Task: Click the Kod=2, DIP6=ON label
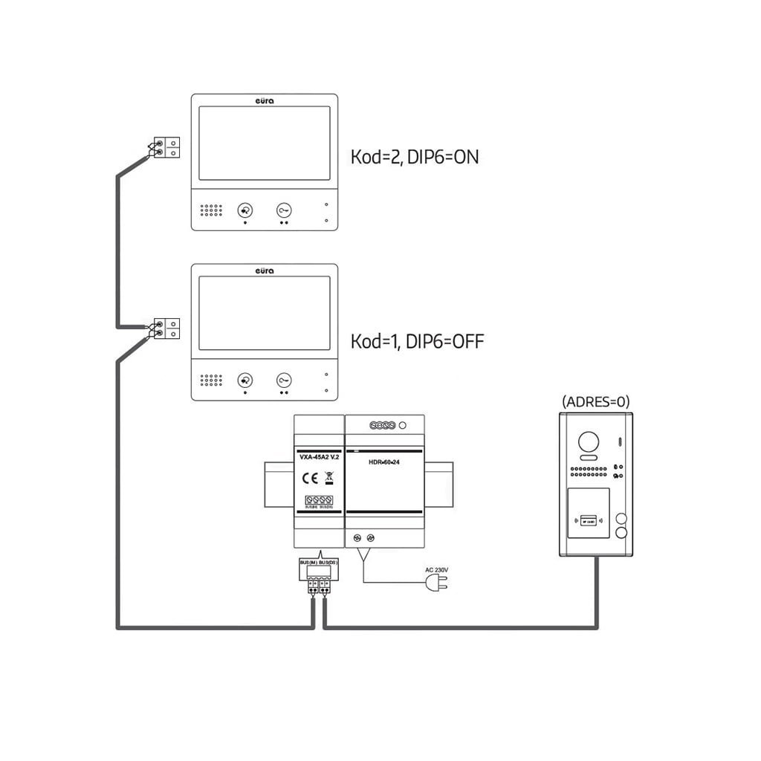point(414,158)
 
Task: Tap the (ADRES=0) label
point(596,402)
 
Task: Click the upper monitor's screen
point(265,143)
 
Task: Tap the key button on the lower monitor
point(285,380)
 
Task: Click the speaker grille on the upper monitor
point(211,210)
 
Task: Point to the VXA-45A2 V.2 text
point(320,458)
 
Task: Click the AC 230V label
point(436,571)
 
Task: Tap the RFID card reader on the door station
point(588,520)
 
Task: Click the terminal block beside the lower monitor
point(166,328)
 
